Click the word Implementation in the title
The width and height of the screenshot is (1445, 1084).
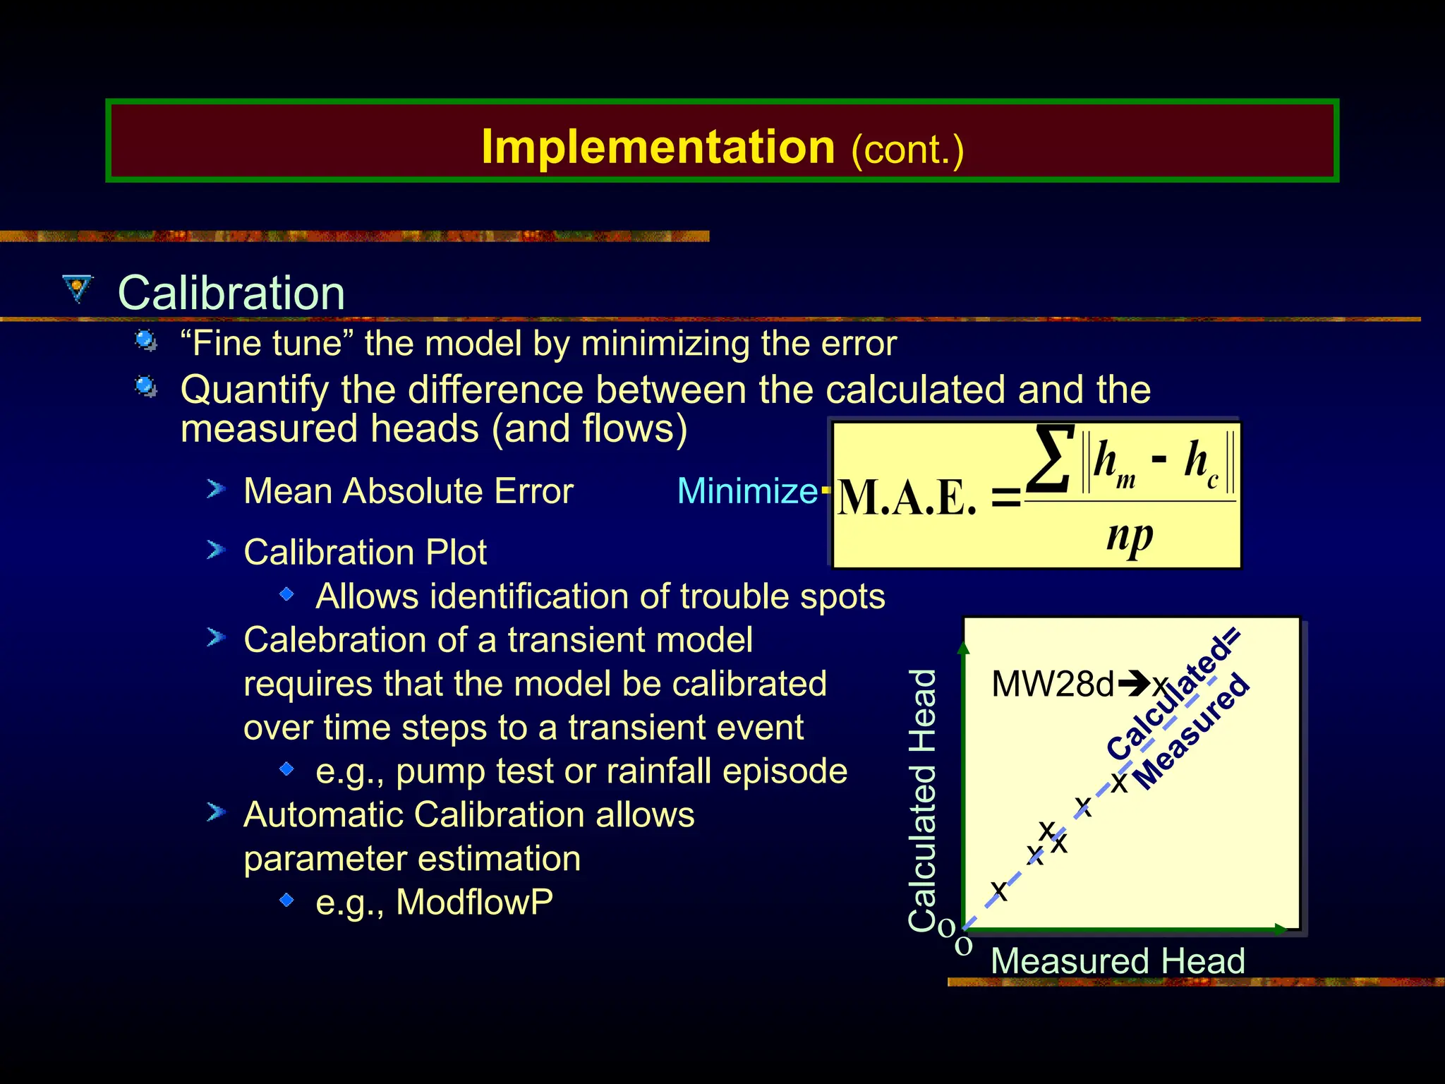(658, 147)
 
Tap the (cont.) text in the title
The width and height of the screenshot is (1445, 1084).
(907, 150)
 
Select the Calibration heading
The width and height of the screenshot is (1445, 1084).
(231, 293)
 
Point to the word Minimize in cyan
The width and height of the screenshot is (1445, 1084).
(746, 491)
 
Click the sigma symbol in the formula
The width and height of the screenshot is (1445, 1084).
(1051, 459)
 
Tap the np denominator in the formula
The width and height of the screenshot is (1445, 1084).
(1129, 536)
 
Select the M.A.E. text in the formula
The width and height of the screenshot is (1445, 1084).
(907, 499)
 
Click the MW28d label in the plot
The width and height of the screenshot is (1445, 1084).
(1052, 684)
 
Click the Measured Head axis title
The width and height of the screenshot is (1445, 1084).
(1117, 961)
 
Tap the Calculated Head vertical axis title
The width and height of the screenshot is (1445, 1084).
(923, 800)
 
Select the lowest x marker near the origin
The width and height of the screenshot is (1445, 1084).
(998, 889)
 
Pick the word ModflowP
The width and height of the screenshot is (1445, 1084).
(474, 902)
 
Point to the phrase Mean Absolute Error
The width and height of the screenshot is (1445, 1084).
(408, 491)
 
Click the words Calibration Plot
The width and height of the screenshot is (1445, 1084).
(365, 552)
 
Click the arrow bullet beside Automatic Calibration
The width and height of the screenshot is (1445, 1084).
(216, 813)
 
